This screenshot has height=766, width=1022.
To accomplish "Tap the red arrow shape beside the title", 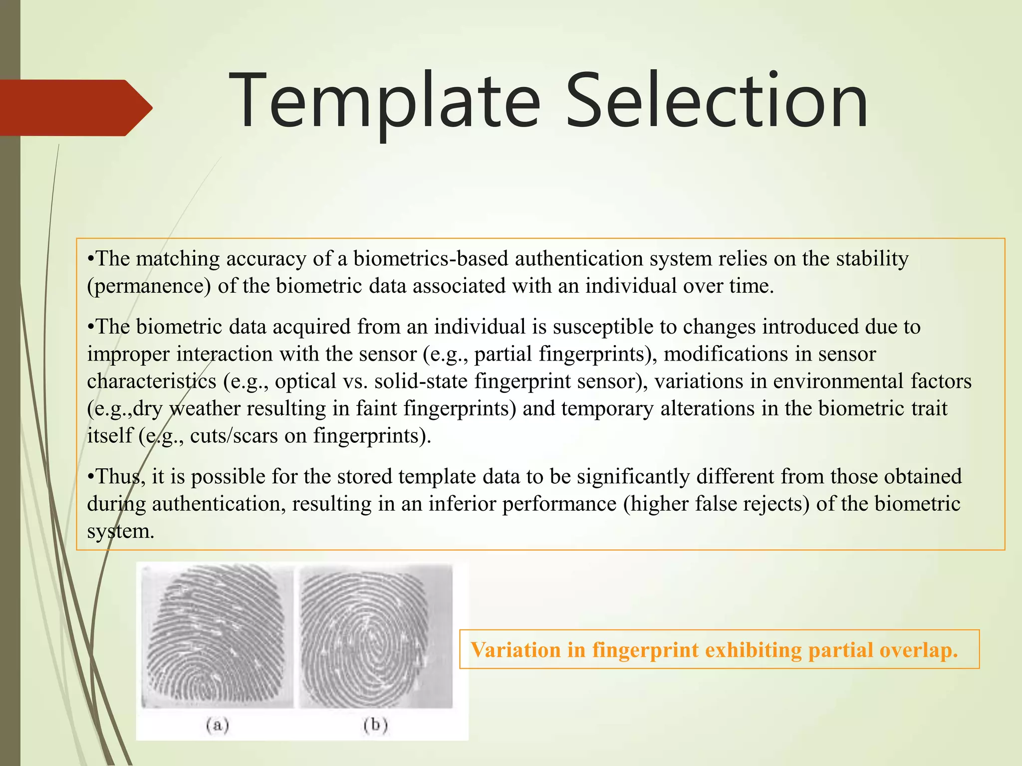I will point(75,107).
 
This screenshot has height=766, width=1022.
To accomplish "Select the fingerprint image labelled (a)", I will point(217,636).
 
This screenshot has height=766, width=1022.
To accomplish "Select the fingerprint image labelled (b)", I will point(375,636).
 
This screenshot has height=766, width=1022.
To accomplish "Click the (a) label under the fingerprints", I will point(218,725).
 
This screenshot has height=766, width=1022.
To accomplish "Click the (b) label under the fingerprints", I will point(376,725).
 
